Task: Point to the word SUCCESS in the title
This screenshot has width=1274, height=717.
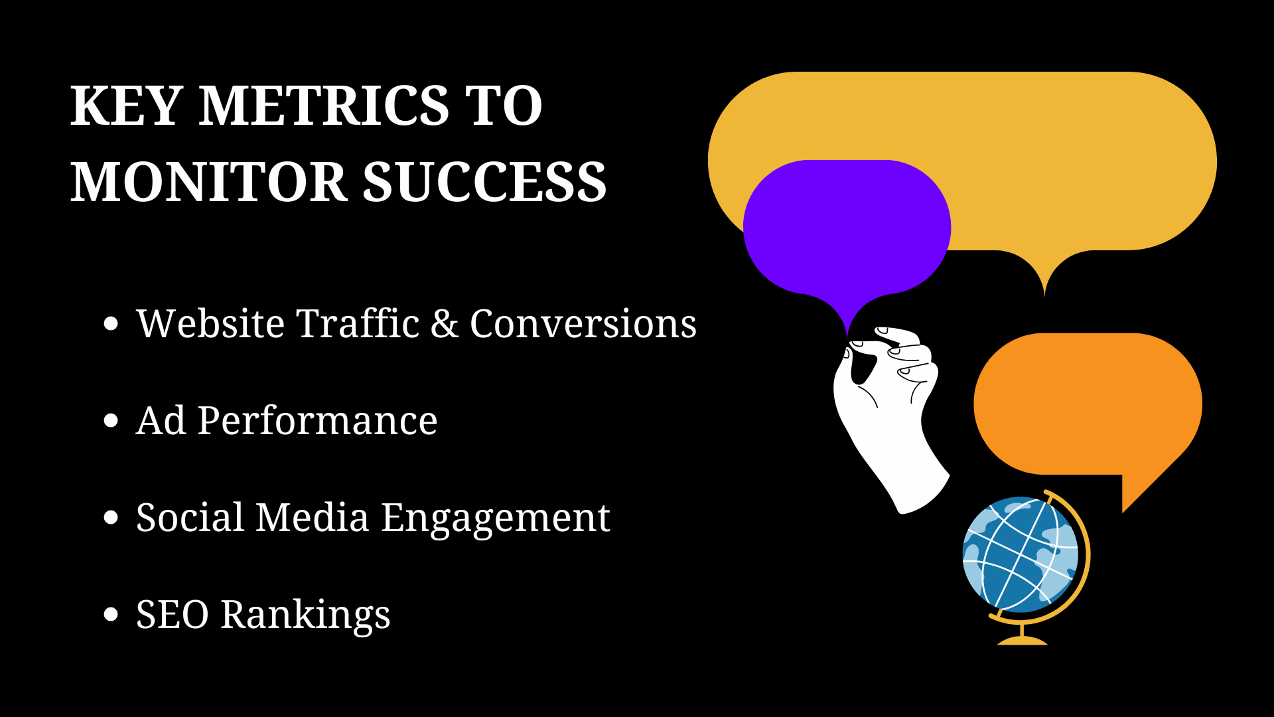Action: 484,182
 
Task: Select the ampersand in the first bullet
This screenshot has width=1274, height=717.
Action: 444,324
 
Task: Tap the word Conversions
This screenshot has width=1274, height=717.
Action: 583,324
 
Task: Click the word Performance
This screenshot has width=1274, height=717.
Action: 317,421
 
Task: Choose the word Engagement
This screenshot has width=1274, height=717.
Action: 495,518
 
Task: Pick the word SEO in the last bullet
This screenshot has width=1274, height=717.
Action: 173,615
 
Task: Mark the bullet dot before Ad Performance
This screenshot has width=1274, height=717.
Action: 111,421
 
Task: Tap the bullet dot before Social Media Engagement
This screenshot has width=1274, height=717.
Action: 111,518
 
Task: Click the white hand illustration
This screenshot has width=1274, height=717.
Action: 889,425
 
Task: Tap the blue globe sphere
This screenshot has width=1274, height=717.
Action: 1021,554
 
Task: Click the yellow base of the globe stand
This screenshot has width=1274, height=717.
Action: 1022,640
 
